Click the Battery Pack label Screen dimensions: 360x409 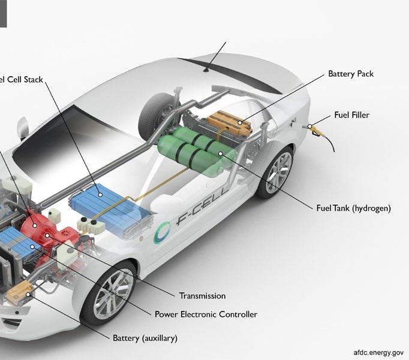tap(351, 74)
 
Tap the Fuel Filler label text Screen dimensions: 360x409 tap(351, 115)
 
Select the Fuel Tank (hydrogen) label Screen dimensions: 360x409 tap(353, 208)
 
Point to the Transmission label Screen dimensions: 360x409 tap(202, 296)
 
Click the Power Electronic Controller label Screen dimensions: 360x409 tap(206, 314)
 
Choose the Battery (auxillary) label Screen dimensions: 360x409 tap(145, 338)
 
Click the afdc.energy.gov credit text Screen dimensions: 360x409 tap(378, 353)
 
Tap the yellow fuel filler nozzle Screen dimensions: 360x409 tap(313, 126)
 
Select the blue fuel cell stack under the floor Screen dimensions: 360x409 tap(108, 207)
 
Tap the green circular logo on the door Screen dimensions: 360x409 tap(163, 233)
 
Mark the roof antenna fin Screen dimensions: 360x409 tap(206, 70)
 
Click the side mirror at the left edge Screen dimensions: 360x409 tap(22, 126)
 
